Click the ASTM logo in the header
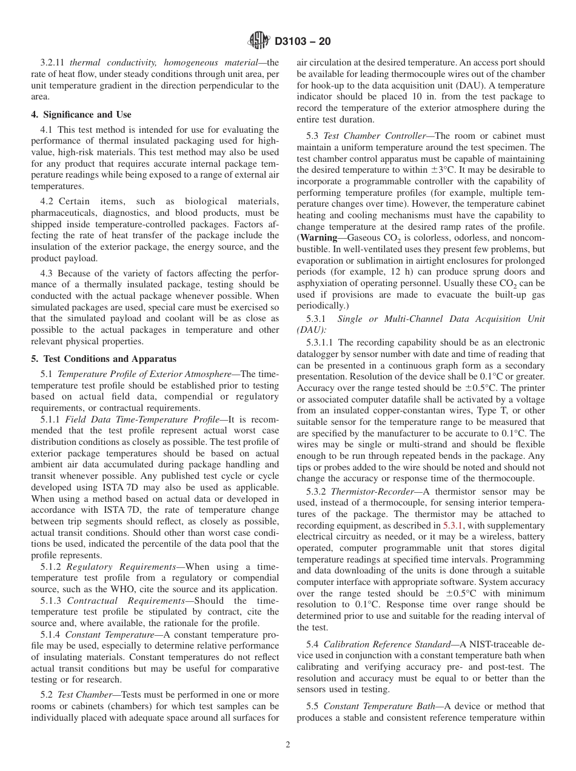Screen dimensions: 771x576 coord(260,42)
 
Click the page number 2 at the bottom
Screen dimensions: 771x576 coord(288,745)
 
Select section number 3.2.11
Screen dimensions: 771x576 coord(53,62)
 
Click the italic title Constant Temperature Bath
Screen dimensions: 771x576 coord(374,706)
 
